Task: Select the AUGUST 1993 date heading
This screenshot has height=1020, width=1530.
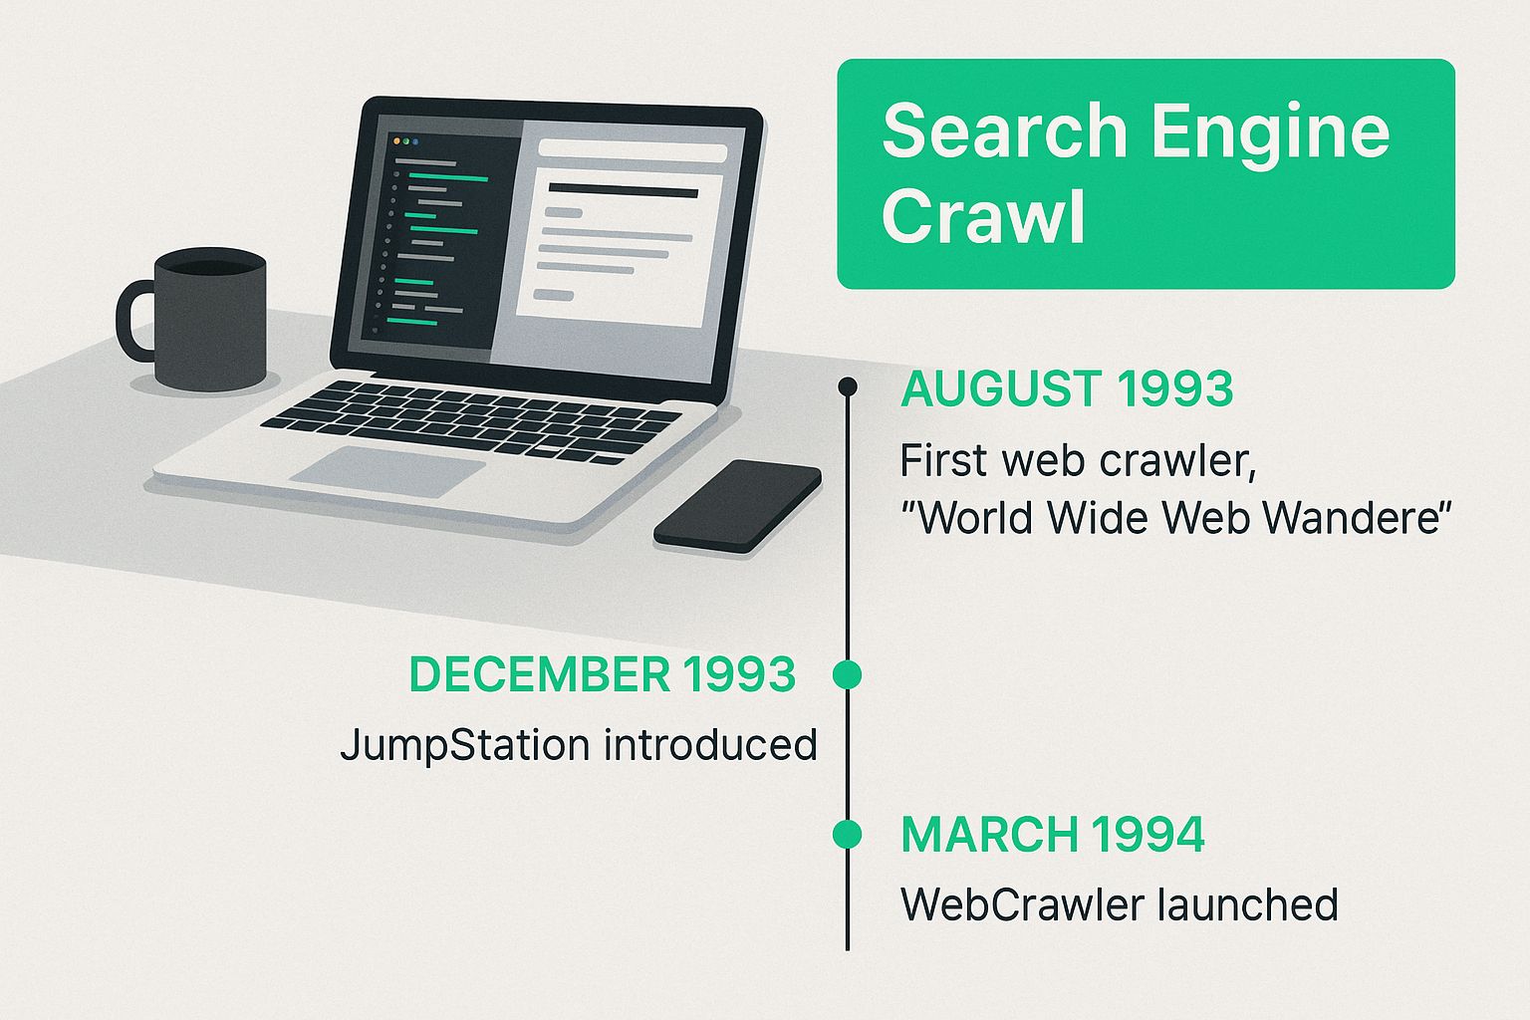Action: coord(1067,388)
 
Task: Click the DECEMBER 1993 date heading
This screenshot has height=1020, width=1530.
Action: coord(603,674)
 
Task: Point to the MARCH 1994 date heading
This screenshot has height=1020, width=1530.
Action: coord(1053,834)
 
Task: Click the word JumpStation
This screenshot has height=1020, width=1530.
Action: coord(464,745)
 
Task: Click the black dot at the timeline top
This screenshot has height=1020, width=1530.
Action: coord(848,386)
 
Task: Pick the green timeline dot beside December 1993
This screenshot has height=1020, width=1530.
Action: coord(848,674)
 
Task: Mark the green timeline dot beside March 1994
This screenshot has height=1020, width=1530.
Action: coord(848,834)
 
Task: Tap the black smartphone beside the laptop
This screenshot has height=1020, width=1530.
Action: coord(738,506)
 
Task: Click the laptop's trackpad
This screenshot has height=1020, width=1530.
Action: coord(387,471)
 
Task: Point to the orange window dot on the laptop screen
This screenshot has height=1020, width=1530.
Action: coord(396,140)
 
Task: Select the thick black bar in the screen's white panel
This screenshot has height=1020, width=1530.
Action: coord(623,190)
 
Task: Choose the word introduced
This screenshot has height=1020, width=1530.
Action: coord(710,744)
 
